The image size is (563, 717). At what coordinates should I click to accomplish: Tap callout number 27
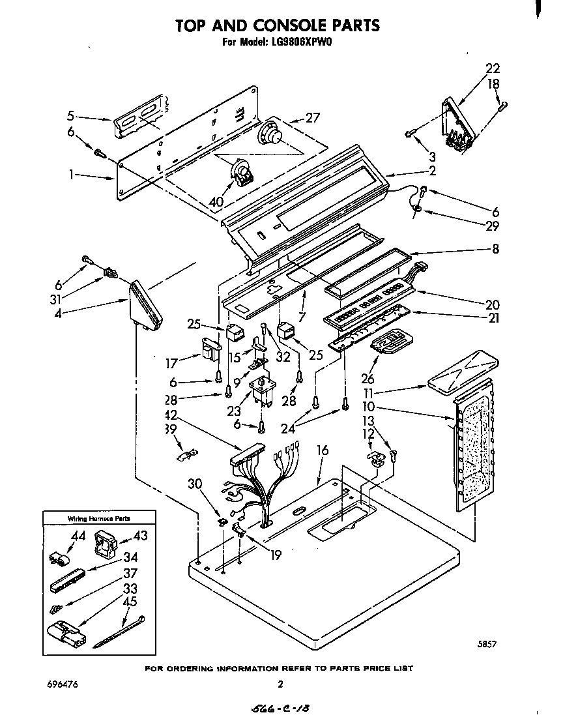313,118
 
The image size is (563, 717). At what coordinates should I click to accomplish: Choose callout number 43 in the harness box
140,535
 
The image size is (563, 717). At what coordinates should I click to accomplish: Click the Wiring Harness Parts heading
99,518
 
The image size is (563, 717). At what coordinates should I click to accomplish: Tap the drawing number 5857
487,645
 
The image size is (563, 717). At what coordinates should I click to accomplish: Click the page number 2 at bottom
280,684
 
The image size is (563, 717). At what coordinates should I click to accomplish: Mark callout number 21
492,318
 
